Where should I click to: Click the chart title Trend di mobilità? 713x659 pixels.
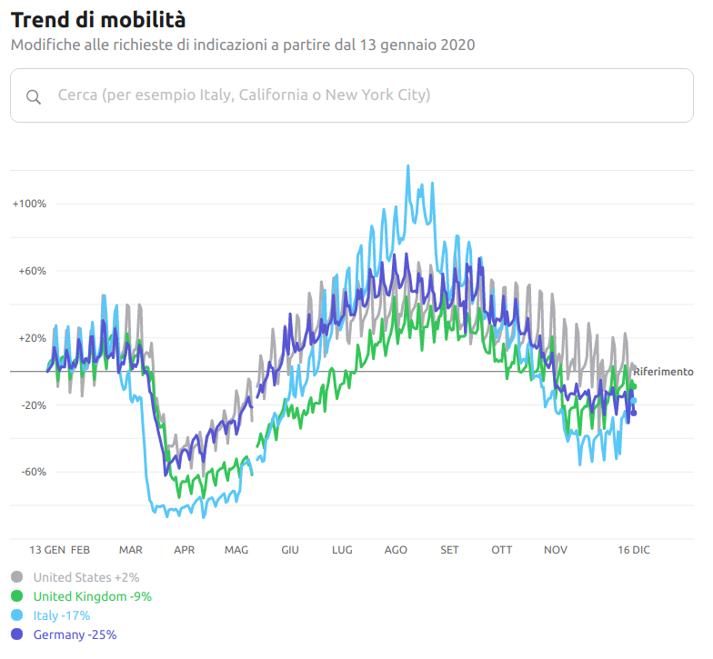[98, 19]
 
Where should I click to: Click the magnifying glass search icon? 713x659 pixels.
[34, 97]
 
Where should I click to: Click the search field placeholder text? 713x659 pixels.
[244, 95]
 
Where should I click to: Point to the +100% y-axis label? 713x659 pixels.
[29, 204]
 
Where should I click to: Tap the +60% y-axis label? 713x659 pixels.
[32, 271]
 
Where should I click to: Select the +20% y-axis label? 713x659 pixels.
[32, 338]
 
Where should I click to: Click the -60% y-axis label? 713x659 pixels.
[33, 472]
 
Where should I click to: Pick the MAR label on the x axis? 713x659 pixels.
[130, 550]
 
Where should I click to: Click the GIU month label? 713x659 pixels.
[290, 550]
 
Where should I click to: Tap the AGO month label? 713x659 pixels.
[396, 550]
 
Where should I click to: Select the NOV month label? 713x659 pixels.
[556, 550]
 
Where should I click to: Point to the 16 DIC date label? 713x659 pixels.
[634, 550]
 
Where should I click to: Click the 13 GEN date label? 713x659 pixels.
[47, 550]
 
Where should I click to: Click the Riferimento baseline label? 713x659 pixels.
[663, 372]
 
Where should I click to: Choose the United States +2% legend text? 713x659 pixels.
[86, 577]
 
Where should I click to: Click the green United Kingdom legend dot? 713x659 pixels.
[17, 596]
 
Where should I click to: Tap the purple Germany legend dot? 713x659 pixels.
[17, 634]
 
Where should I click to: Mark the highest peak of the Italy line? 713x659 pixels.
[407, 166]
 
